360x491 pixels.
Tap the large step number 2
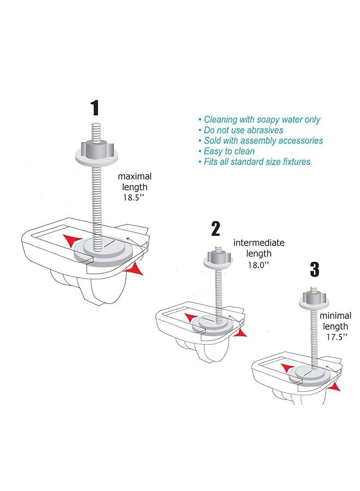coord(215,229)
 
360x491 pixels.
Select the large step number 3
coord(314,270)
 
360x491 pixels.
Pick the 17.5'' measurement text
coord(337,337)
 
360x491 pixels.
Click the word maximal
coord(135,176)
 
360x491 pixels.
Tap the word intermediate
coord(259,243)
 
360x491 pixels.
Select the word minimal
coord(335,315)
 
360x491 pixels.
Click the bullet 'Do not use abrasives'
coord(241,130)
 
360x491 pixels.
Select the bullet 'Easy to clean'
coord(227,151)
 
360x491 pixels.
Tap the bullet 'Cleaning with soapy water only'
coord(260,119)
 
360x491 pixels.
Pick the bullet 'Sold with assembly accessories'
coord(261,141)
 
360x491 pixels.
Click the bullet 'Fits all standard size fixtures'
coord(255,162)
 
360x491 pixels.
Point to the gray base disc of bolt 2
coord(213,326)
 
